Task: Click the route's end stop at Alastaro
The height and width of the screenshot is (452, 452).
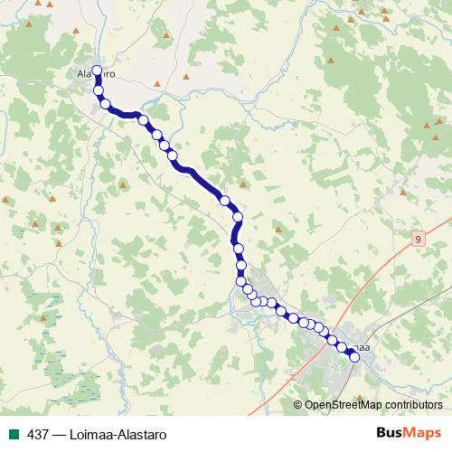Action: [x=97, y=70]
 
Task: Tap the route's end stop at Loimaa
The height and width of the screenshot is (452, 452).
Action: [x=354, y=357]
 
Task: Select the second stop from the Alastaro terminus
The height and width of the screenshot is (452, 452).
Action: [x=98, y=89]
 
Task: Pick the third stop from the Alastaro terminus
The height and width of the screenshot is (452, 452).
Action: [x=106, y=104]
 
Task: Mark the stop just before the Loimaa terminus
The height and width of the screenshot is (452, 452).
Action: [x=342, y=347]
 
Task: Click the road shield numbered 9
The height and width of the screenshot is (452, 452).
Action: [x=418, y=239]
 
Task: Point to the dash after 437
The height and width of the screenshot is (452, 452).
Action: [x=59, y=434]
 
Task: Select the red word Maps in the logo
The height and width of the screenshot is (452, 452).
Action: [x=424, y=433]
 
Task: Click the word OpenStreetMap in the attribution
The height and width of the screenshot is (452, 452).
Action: [x=344, y=404]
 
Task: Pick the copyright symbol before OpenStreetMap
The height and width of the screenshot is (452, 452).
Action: [x=298, y=404]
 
